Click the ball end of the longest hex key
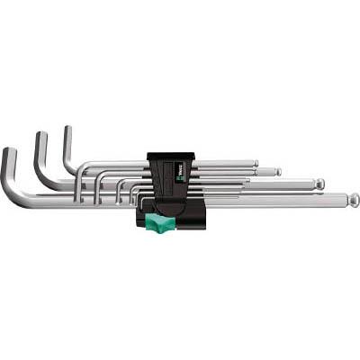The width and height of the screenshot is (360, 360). pos(354,200)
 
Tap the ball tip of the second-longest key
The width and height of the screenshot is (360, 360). pos(319,184)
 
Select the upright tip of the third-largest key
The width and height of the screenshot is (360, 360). pos(66,130)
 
